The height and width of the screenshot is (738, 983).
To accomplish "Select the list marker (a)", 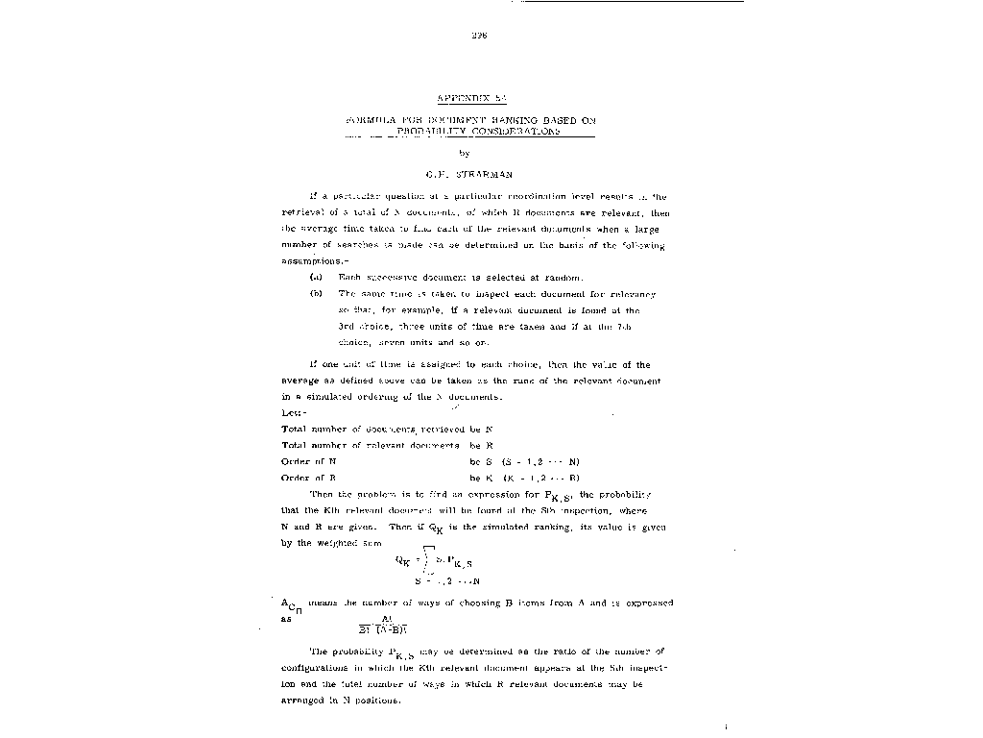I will (316, 277).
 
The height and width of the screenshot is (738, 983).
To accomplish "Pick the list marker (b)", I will (316, 293).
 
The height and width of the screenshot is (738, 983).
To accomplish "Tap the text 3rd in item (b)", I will (347, 326).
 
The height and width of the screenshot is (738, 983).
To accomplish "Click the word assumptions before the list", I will (308, 260).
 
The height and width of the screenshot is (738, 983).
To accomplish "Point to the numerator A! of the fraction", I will (388, 619).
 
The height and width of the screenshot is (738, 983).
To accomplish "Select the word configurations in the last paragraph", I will (325, 668).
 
